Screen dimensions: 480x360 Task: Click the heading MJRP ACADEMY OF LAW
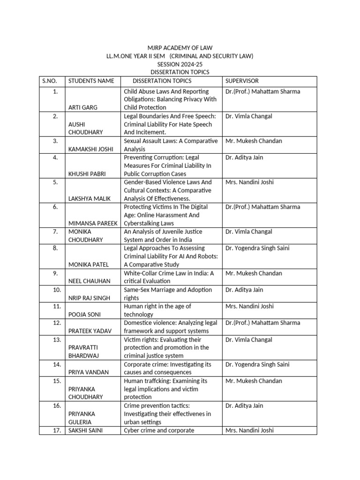tap(180, 48)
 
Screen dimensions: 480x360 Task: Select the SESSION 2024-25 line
tap(180, 64)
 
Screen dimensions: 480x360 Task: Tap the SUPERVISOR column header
tap(242, 81)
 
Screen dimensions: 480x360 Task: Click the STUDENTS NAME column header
tap(91, 81)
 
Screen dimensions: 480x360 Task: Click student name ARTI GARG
tap(83, 107)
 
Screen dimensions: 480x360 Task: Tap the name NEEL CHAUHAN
tap(89, 281)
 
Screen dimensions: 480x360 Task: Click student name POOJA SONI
tap(84, 314)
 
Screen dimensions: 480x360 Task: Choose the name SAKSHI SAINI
tap(86, 430)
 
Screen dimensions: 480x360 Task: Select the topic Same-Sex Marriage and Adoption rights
tap(168, 293)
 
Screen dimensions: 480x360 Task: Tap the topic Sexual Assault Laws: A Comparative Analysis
tap(171, 145)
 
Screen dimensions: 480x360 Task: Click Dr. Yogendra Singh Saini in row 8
tap(263, 248)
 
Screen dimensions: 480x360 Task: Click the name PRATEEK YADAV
tap(90, 331)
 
